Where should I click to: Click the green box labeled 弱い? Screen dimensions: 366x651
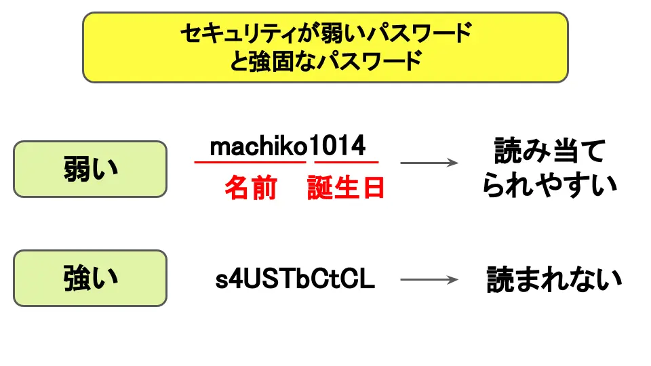click(x=90, y=169)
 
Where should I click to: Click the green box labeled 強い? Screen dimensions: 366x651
click(x=90, y=278)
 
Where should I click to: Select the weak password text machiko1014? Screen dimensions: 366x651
click(x=288, y=146)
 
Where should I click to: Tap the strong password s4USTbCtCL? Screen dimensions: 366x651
click(x=295, y=279)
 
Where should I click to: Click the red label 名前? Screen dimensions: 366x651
click(x=250, y=188)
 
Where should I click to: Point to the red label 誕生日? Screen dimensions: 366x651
click(x=346, y=188)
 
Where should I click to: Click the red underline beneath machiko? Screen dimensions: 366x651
click(x=250, y=163)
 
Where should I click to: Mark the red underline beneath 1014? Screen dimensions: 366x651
click(x=346, y=163)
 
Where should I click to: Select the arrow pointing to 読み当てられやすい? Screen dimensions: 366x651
click(x=429, y=163)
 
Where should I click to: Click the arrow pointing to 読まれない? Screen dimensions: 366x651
click(x=429, y=279)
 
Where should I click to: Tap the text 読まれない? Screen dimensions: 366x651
click(x=554, y=279)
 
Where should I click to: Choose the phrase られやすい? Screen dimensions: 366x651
click(x=550, y=184)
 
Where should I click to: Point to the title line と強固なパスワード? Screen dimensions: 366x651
click(x=325, y=62)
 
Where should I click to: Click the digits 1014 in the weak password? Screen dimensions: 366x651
click(x=338, y=146)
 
